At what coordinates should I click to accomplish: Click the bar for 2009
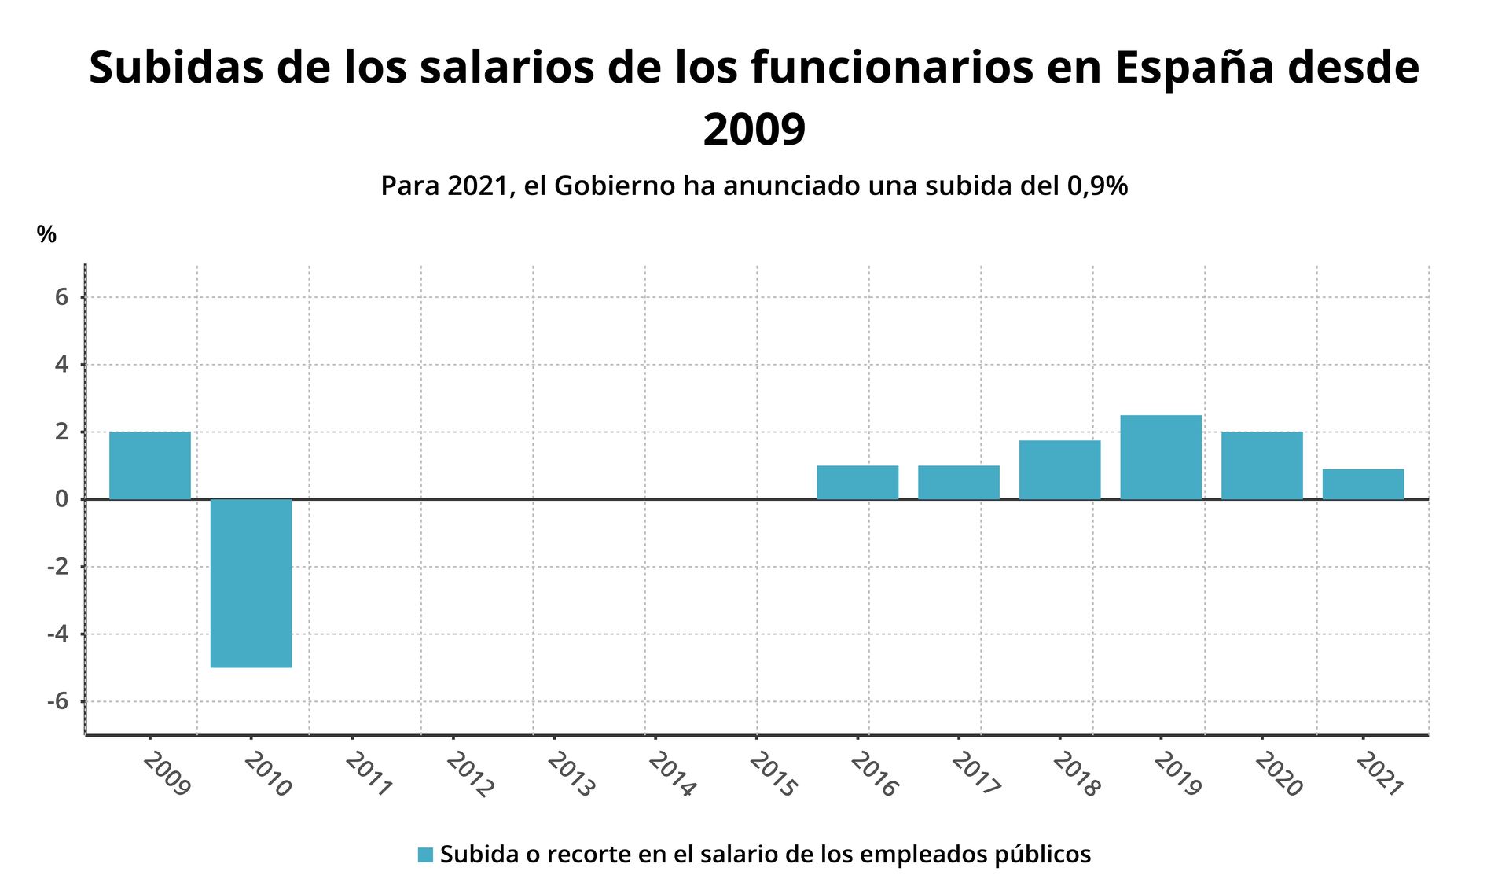pos(149,465)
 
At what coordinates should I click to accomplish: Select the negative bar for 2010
pos(251,583)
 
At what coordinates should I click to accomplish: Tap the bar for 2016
pos(857,483)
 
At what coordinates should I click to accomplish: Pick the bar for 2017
pos(958,483)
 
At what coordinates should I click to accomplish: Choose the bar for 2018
pos(1059,470)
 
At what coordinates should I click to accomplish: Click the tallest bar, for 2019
pos(1160,458)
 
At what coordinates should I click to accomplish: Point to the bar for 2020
pos(1261,465)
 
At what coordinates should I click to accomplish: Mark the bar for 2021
pos(1363,484)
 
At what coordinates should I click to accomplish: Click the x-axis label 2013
pos(571,774)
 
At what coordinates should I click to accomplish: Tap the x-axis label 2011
pos(369,774)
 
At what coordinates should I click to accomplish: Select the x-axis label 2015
pos(773,774)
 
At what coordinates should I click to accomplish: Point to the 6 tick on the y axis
pos(61,297)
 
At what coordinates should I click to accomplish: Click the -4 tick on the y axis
pos(57,634)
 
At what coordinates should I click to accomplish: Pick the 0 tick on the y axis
pos(61,499)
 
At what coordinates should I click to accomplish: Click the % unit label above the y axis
pos(46,234)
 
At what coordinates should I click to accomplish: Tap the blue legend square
pos(425,855)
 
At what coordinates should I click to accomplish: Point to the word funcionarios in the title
pos(892,68)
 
